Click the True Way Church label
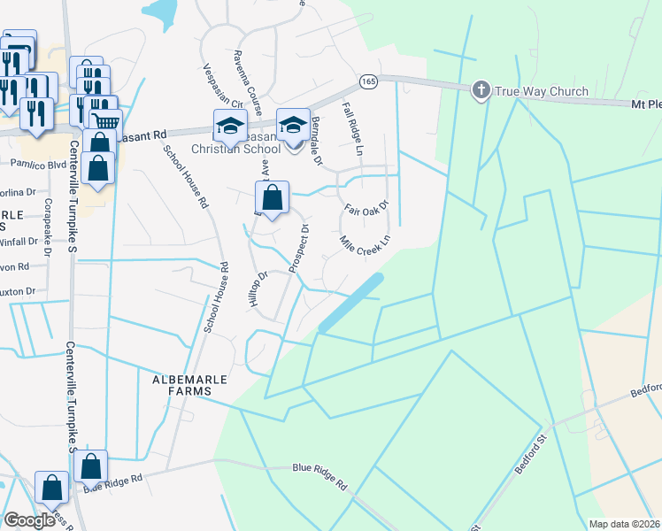tap(542, 91)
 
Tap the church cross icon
tap(481, 90)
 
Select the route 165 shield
tap(368, 81)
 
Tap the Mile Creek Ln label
tap(365, 241)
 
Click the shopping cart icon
tap(105, 122)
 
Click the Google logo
tap(29, 520)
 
